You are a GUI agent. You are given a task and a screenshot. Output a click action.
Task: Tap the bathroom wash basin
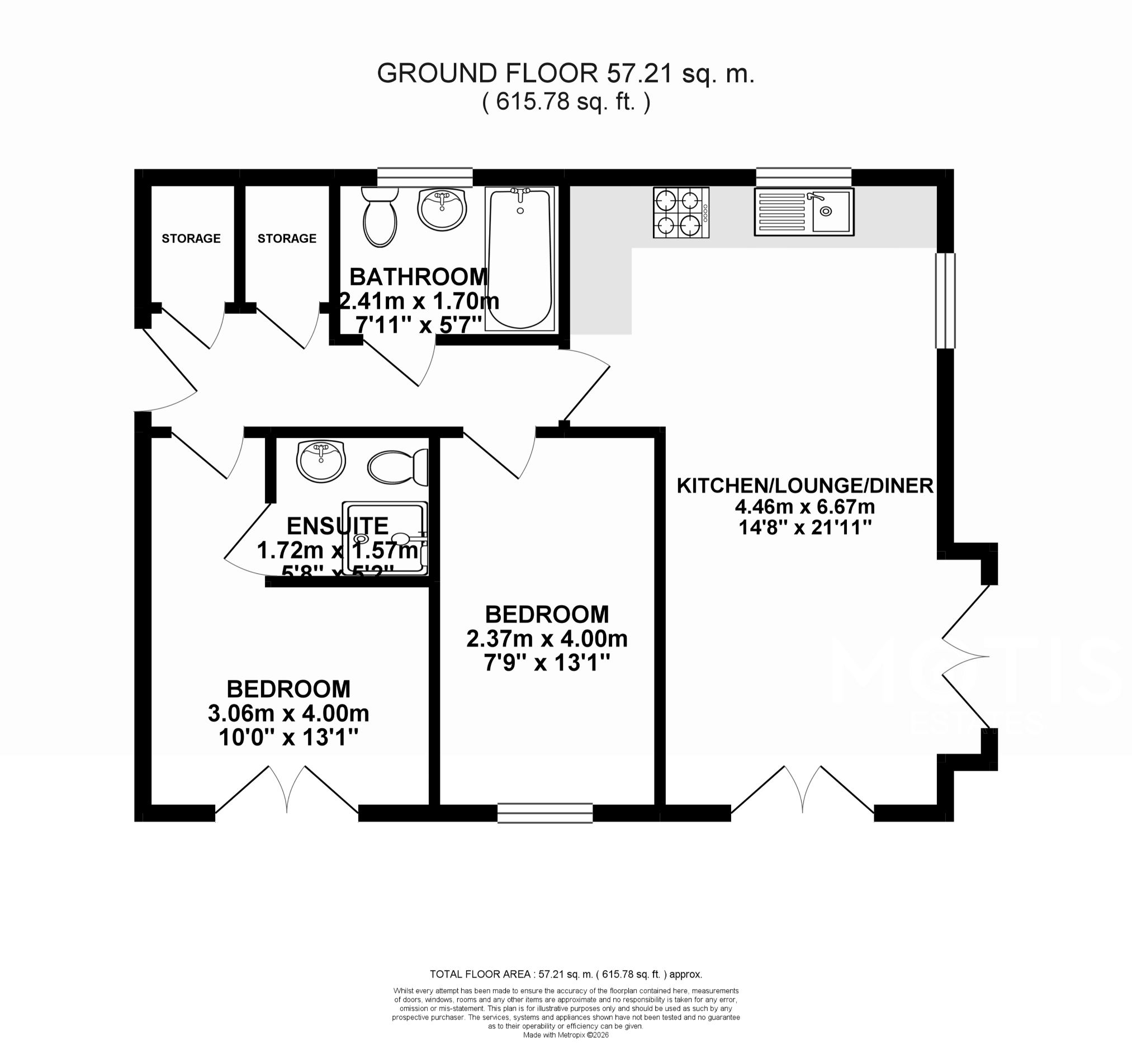coord(442,210)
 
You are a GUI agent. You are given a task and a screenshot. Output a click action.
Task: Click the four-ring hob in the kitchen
coord(680,213)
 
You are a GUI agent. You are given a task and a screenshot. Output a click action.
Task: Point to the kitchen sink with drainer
coord(804,212)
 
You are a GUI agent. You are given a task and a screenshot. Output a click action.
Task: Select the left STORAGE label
coord(191,239)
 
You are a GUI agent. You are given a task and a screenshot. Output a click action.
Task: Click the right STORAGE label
coord(286,239)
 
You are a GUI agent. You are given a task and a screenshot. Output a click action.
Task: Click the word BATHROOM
coord(419,277)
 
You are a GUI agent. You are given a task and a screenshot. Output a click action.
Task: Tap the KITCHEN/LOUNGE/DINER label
coord(805,485)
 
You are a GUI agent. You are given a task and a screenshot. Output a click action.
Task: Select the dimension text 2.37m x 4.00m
coord(547,639)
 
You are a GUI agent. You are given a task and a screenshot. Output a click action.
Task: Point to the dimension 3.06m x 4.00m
coord(288,713)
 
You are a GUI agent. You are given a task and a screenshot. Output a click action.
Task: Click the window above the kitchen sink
coord(803,177)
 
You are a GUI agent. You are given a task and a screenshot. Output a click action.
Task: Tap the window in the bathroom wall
coord(425,177)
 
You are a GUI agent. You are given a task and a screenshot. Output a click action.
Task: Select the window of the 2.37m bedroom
coord(545,813)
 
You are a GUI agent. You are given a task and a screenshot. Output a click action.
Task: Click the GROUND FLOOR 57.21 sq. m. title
coord(565,74)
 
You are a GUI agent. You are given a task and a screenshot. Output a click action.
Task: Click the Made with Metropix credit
coord(565,1035)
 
